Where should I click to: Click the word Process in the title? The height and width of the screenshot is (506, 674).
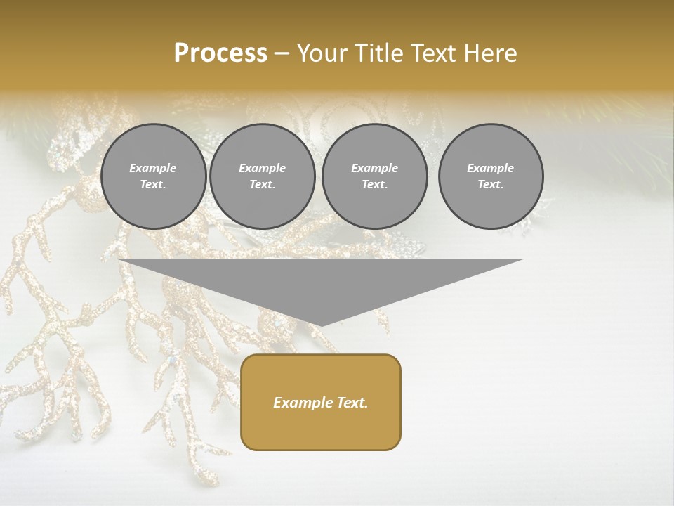[x=220, y=53]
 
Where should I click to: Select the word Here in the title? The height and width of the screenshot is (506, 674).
[x=489, y=53]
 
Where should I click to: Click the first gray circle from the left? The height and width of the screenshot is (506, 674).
[x=153, y=176]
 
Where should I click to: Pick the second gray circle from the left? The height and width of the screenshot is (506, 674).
[x=262, y=176]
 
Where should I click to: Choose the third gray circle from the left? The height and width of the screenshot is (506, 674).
[x=374, y=176]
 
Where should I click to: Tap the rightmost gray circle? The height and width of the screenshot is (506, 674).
[x=490, y=176]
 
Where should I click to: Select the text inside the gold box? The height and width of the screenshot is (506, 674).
[x=321, y=403]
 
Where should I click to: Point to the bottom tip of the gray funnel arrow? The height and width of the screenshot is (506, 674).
[x=321, y=325]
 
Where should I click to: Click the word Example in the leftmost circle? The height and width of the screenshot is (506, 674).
[x=153, y=168]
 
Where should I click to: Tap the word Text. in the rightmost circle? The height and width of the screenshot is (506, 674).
[x=490, y=185]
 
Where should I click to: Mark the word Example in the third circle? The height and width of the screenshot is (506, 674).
[x=374, y=168]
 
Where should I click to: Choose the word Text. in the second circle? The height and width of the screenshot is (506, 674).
[x=262, y=185]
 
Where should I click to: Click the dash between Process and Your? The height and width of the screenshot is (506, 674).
[x=282, y=54]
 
